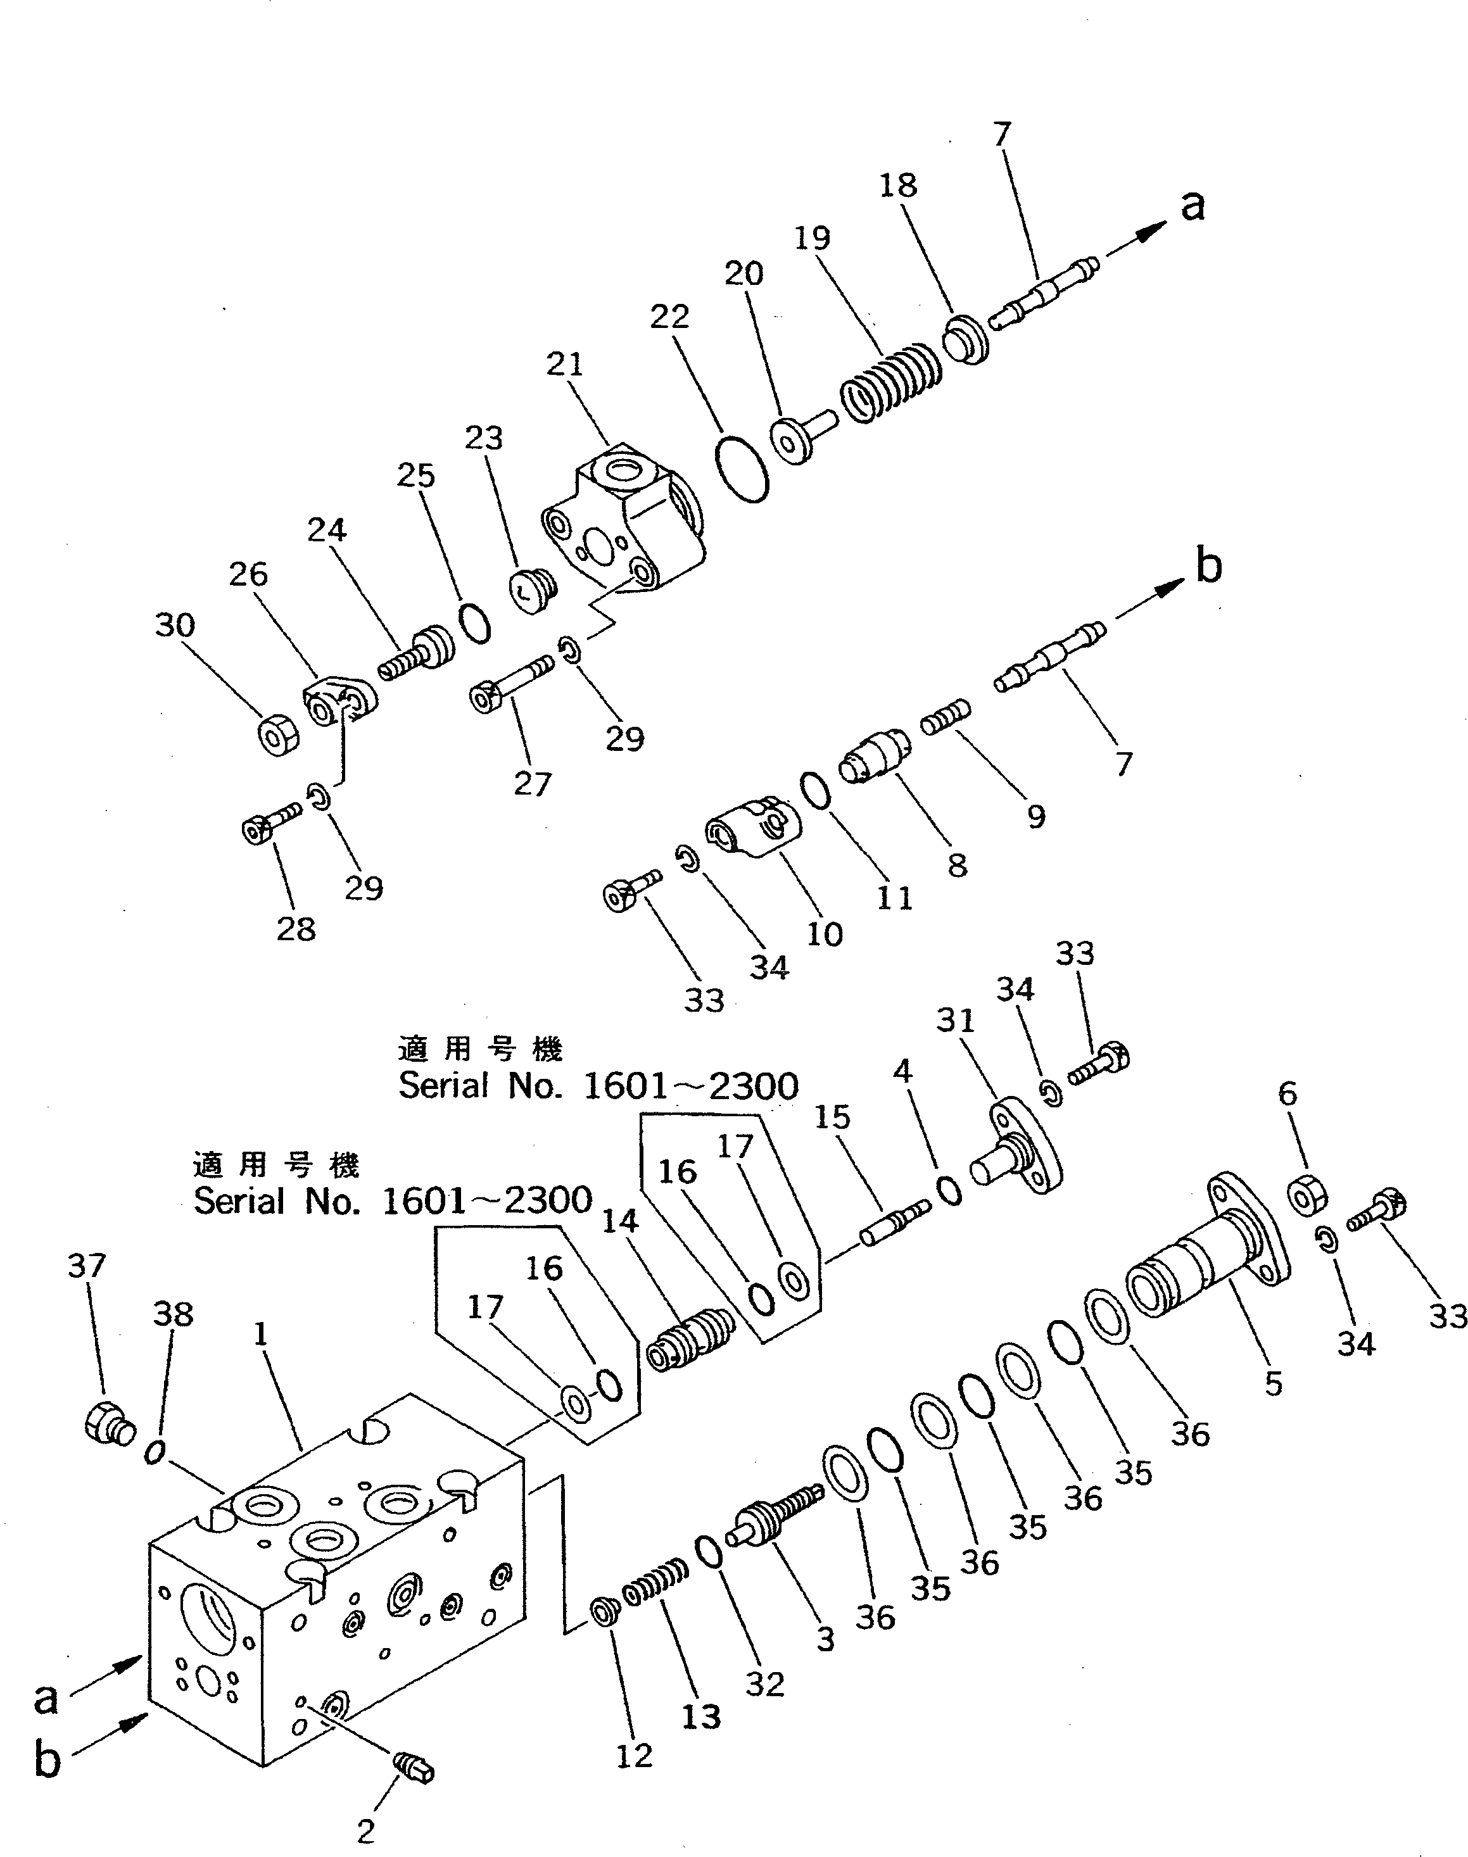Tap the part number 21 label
point(565,364)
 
